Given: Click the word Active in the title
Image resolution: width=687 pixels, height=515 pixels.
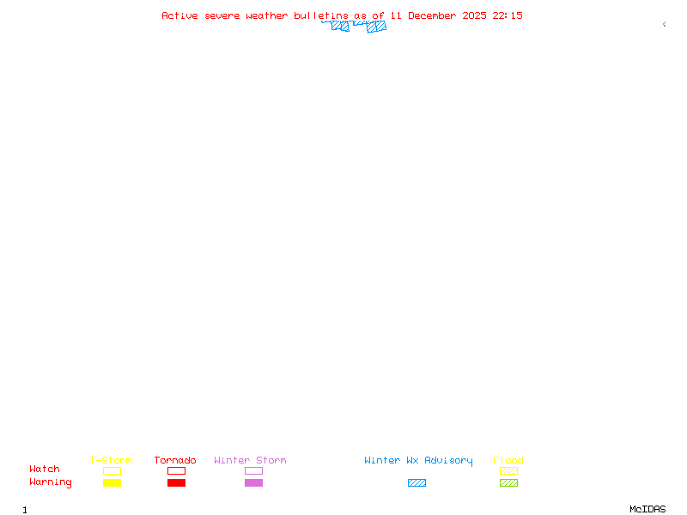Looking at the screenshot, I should [x=180, y=15].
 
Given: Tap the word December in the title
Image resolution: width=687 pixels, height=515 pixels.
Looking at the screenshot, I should [x=435, y=15].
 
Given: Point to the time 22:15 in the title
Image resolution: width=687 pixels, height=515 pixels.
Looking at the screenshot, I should [x=508, y=15].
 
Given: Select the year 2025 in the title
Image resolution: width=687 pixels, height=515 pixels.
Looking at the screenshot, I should [x=473, y=15].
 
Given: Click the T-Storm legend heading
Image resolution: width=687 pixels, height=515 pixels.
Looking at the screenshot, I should [x=111, y=461].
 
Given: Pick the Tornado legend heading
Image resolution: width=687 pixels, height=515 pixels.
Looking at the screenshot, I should [x=175, y=461].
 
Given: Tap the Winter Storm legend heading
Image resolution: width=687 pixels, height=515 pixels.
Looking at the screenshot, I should [x=250, y=461].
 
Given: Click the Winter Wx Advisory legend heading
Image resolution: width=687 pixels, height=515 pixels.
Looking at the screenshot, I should [x=418, y=461].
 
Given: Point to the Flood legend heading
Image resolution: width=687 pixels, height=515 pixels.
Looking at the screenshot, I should [x=508, y=461].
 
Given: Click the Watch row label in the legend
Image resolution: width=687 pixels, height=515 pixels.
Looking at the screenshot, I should [x=45, y=470].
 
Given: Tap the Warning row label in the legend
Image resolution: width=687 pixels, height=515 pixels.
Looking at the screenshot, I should [x=51, y=482].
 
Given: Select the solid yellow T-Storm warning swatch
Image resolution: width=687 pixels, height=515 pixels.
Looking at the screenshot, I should [x=112, y=483].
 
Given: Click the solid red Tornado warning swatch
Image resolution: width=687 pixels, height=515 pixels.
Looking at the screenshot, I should [x=176, y=483].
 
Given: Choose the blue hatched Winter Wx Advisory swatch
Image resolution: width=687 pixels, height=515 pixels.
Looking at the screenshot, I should [x=416, y=483].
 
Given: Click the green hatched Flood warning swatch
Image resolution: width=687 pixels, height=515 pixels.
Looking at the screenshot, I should [x=508, y=483].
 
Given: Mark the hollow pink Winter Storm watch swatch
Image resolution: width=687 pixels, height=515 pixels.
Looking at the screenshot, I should [x=253, y=470].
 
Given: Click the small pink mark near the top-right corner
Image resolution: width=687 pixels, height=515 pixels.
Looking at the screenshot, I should [x=664, y=24].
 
